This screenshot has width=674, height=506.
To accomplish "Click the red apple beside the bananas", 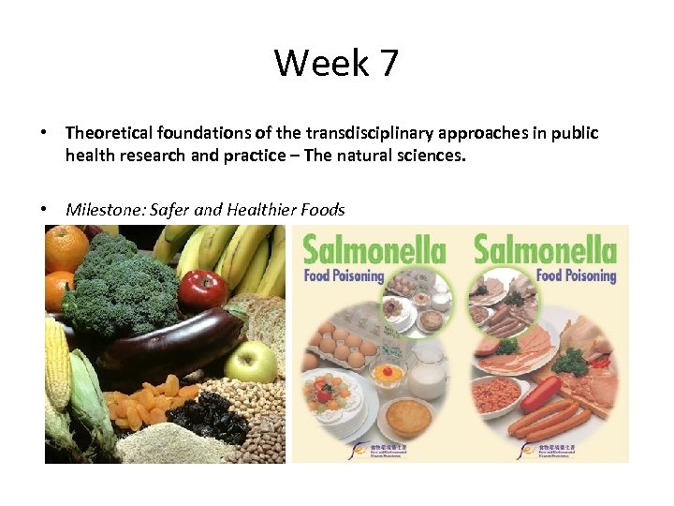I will click(202, 290).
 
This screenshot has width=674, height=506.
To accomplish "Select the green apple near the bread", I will click(250, 362).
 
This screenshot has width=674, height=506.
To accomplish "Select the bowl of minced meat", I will click(505, 394).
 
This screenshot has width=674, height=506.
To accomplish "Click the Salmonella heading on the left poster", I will click(372, 252).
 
